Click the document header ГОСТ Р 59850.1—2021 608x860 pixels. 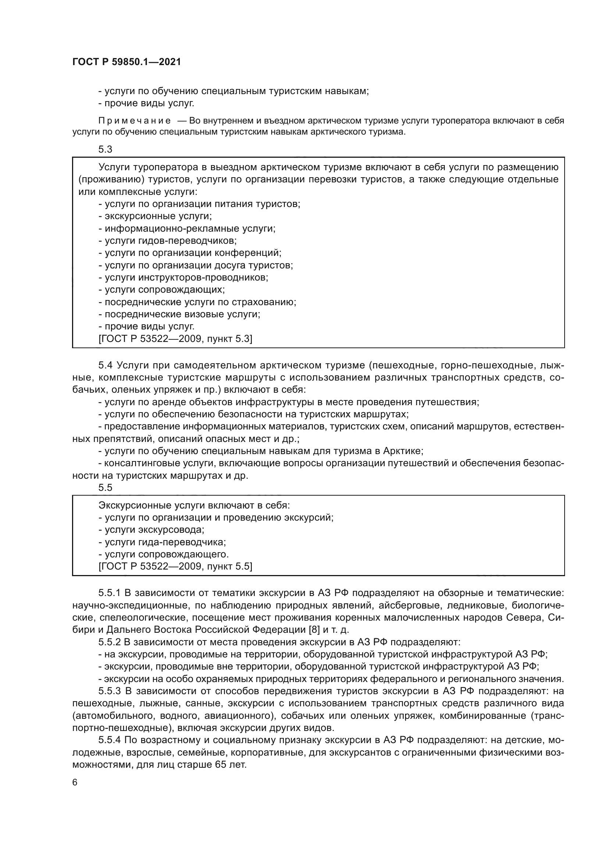click(126, 62)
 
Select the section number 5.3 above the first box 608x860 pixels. click(105, 149)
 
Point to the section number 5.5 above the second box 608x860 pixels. click(105, 487)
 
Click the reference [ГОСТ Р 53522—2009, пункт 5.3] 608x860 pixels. click(175, 339)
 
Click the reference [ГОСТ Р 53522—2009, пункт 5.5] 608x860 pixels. click(175, 566)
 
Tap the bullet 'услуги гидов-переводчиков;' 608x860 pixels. click(167, 240)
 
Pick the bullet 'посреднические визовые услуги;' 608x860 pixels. click(179, 314)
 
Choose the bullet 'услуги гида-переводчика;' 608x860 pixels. click(162, 542)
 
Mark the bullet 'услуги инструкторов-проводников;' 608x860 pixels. click(183, 278)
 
